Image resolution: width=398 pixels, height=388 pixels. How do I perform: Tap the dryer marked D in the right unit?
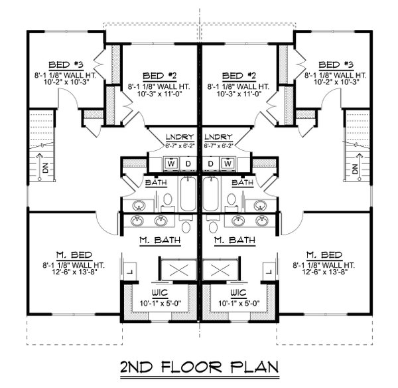coord(211,163)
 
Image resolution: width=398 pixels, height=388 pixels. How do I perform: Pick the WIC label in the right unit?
coord(237,292)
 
